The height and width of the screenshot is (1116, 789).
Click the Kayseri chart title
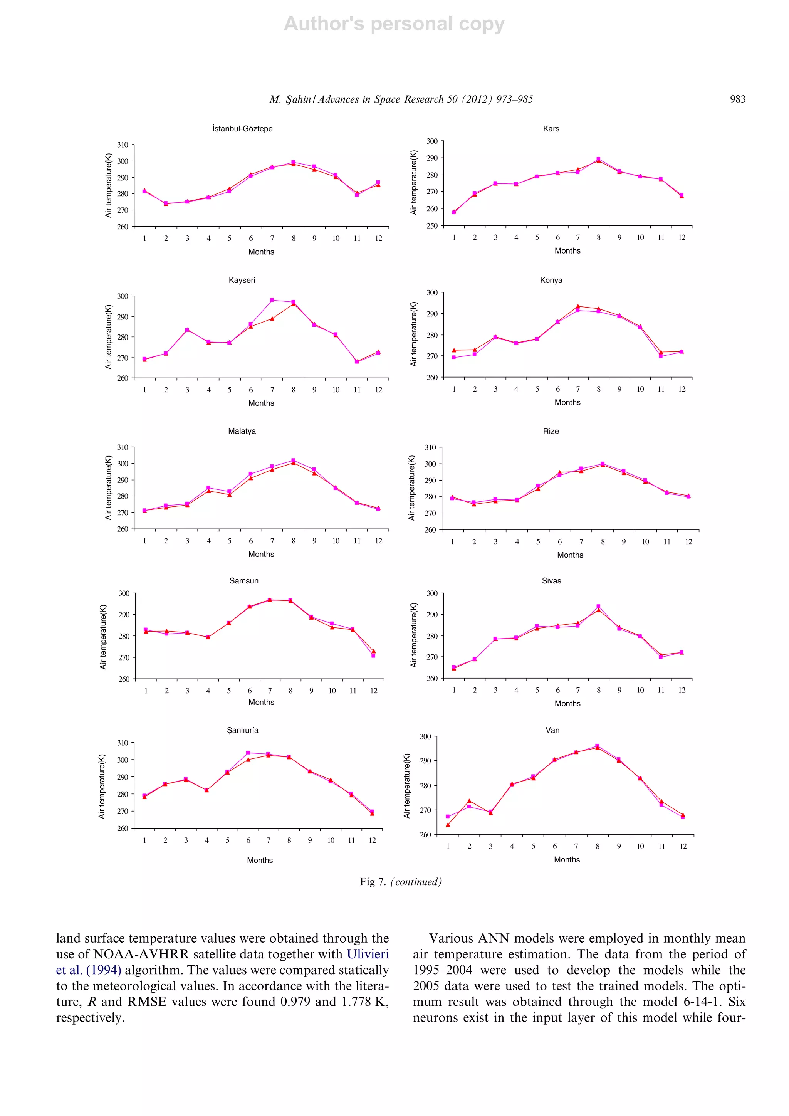242,280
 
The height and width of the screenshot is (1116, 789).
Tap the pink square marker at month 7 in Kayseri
272,300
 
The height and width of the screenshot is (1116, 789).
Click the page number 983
737,99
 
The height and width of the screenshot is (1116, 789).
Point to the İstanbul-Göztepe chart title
242,129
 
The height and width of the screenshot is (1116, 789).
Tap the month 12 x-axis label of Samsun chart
373,691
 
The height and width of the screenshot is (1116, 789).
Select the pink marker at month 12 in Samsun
373,656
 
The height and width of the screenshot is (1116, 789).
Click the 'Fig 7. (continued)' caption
400,882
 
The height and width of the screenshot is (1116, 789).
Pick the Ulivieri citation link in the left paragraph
368,954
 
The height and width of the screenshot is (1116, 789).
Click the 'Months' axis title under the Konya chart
567,402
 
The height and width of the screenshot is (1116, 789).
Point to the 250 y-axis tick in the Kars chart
432,225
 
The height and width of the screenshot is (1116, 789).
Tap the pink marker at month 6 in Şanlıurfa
248,753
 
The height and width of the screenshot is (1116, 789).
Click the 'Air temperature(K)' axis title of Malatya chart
108,487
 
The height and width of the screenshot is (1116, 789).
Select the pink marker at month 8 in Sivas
598,606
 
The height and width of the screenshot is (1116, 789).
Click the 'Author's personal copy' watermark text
394,24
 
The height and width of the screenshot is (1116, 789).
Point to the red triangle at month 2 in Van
469,800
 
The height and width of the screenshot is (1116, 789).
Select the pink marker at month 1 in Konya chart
454,357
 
